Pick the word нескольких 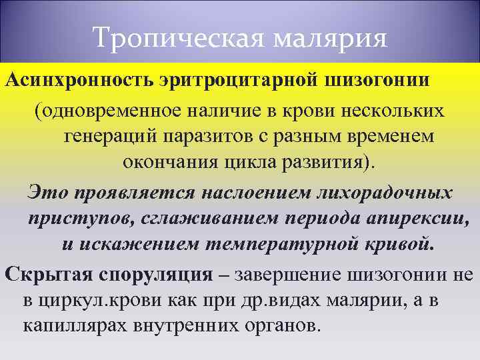click(x=386, y=111)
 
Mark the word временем click(x=387, y=136)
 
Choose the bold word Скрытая click(x=41, y=275)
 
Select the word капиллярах click(x=75, y=327)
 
